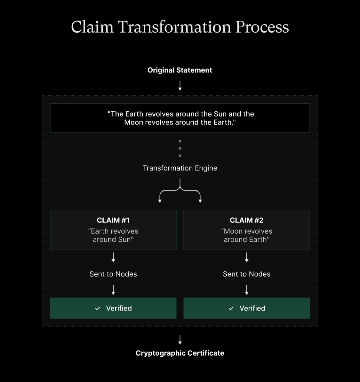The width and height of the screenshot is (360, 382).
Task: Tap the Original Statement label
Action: click(180, 70)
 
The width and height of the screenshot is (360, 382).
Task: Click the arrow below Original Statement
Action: click(180, 86)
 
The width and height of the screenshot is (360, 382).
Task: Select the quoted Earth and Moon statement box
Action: click(180, 118)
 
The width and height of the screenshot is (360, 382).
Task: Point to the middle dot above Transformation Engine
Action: click(180, 148)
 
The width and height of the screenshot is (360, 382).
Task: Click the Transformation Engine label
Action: click(180, 168)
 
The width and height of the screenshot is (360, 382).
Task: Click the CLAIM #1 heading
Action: click(113, 220)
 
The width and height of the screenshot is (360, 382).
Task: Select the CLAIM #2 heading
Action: click(247, 220)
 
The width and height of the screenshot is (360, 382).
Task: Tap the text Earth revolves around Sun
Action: click(113, 235)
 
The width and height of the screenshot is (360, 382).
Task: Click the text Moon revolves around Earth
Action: click(247, 235)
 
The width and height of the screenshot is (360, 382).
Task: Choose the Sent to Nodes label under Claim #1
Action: click(113, 274)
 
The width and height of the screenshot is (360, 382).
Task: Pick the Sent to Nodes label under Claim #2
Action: click(247, 274)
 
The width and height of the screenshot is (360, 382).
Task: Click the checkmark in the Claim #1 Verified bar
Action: click(98, 308)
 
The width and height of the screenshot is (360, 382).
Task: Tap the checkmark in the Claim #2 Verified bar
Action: click(231, 308)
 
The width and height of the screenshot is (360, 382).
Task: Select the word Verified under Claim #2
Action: click(252, 308)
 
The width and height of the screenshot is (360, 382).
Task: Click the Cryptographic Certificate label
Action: click(180, 353)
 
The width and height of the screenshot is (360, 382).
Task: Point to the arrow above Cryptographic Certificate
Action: click(180, 340)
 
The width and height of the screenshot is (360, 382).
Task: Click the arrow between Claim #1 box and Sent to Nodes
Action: click(113, 257)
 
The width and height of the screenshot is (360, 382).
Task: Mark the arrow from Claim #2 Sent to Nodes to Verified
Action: click(247, 290)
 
